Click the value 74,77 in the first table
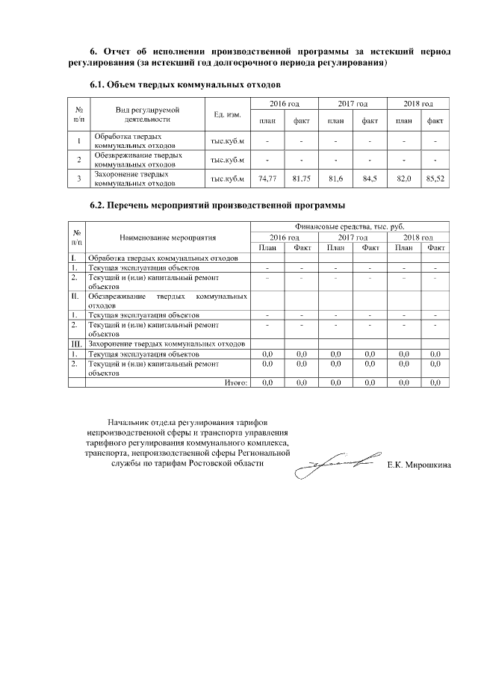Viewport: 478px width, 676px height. (x=267, y=179)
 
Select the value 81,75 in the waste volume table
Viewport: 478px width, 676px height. (x=301, y=179)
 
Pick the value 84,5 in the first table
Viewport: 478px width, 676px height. (x=369, y=179)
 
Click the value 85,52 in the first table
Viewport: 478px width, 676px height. (x=434, y=179)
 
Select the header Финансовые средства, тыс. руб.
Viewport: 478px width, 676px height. (x=350, y=226)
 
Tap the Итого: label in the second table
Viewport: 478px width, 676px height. (x=236, y=382)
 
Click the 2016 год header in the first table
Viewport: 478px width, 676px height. (x=284, y=103)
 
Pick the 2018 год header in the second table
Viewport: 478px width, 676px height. (x=418, y=237)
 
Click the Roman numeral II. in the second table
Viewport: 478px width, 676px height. (x=75, y=296)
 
